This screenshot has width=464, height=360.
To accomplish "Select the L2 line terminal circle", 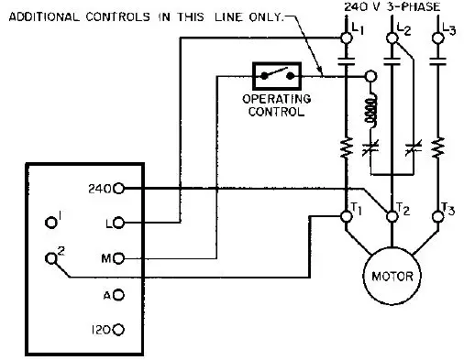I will [393, 38].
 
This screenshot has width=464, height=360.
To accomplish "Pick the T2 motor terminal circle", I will [393, 216].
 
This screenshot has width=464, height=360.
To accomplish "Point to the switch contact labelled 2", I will [50, 259].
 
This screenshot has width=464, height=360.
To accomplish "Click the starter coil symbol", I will [371, 112].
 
